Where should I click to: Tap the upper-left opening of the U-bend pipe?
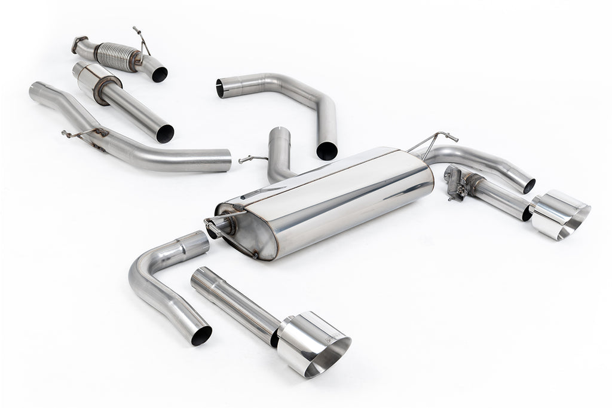220,86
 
